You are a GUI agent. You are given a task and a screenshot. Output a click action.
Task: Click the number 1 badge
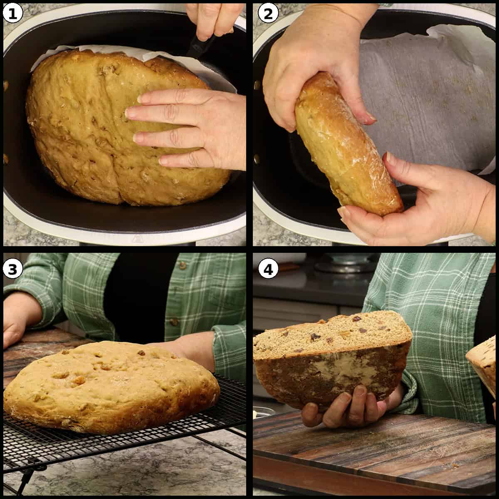coord(12,13)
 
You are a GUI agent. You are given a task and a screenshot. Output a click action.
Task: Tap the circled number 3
coord(12,269)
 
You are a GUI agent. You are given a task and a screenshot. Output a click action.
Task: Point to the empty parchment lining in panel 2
coord(424,96)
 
